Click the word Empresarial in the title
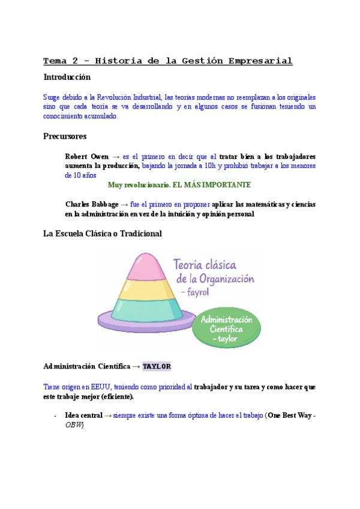click(x=259, y=61)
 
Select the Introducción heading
click(x=67, y=77)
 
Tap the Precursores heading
click(x=65, y=136)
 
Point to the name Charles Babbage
click(x=92, y=204)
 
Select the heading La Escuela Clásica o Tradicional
click(x=103, y=233)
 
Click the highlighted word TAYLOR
click(x=157, y=366)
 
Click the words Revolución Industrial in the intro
click(x=135, y=97)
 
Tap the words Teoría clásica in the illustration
click(x=204, y=264)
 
